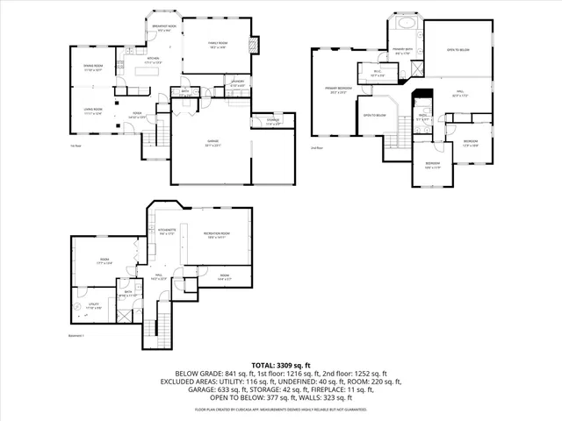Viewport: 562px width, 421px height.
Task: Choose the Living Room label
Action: [92, 111]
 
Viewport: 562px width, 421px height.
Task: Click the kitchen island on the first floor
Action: [151, 74]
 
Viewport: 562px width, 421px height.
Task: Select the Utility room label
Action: [95, 306]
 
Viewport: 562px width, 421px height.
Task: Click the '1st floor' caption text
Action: [76, 146]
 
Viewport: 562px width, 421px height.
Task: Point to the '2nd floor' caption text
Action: [316, 147]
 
